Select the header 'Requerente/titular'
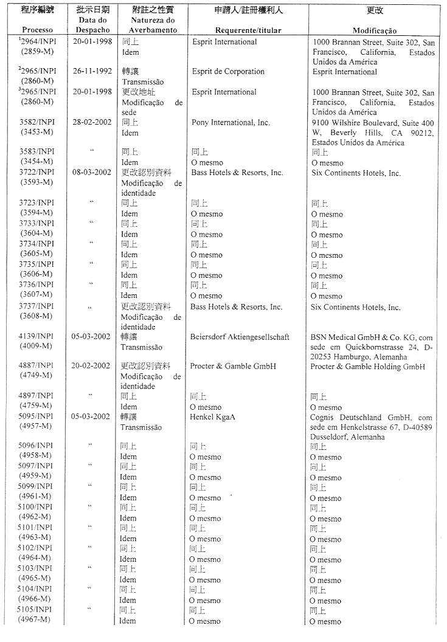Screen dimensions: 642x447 point(247,30)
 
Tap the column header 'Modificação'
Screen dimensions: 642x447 point(375,30)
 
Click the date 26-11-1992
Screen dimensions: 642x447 point(92,71)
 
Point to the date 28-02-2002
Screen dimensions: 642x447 point(91,122)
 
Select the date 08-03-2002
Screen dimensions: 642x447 point(91,173)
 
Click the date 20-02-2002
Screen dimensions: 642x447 point(91,366)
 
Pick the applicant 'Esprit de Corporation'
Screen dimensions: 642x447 point(228,71)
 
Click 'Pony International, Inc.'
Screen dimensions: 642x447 point(230,122)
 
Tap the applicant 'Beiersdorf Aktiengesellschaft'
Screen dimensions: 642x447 point(240,337)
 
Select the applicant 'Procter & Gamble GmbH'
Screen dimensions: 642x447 point(233,366)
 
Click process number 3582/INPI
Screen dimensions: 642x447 point(36,122)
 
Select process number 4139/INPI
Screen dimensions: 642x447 point(36,337)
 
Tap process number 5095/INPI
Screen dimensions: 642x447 point(36,416)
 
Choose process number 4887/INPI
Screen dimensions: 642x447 point(36,366)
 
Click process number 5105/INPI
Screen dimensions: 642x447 point(36,610)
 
